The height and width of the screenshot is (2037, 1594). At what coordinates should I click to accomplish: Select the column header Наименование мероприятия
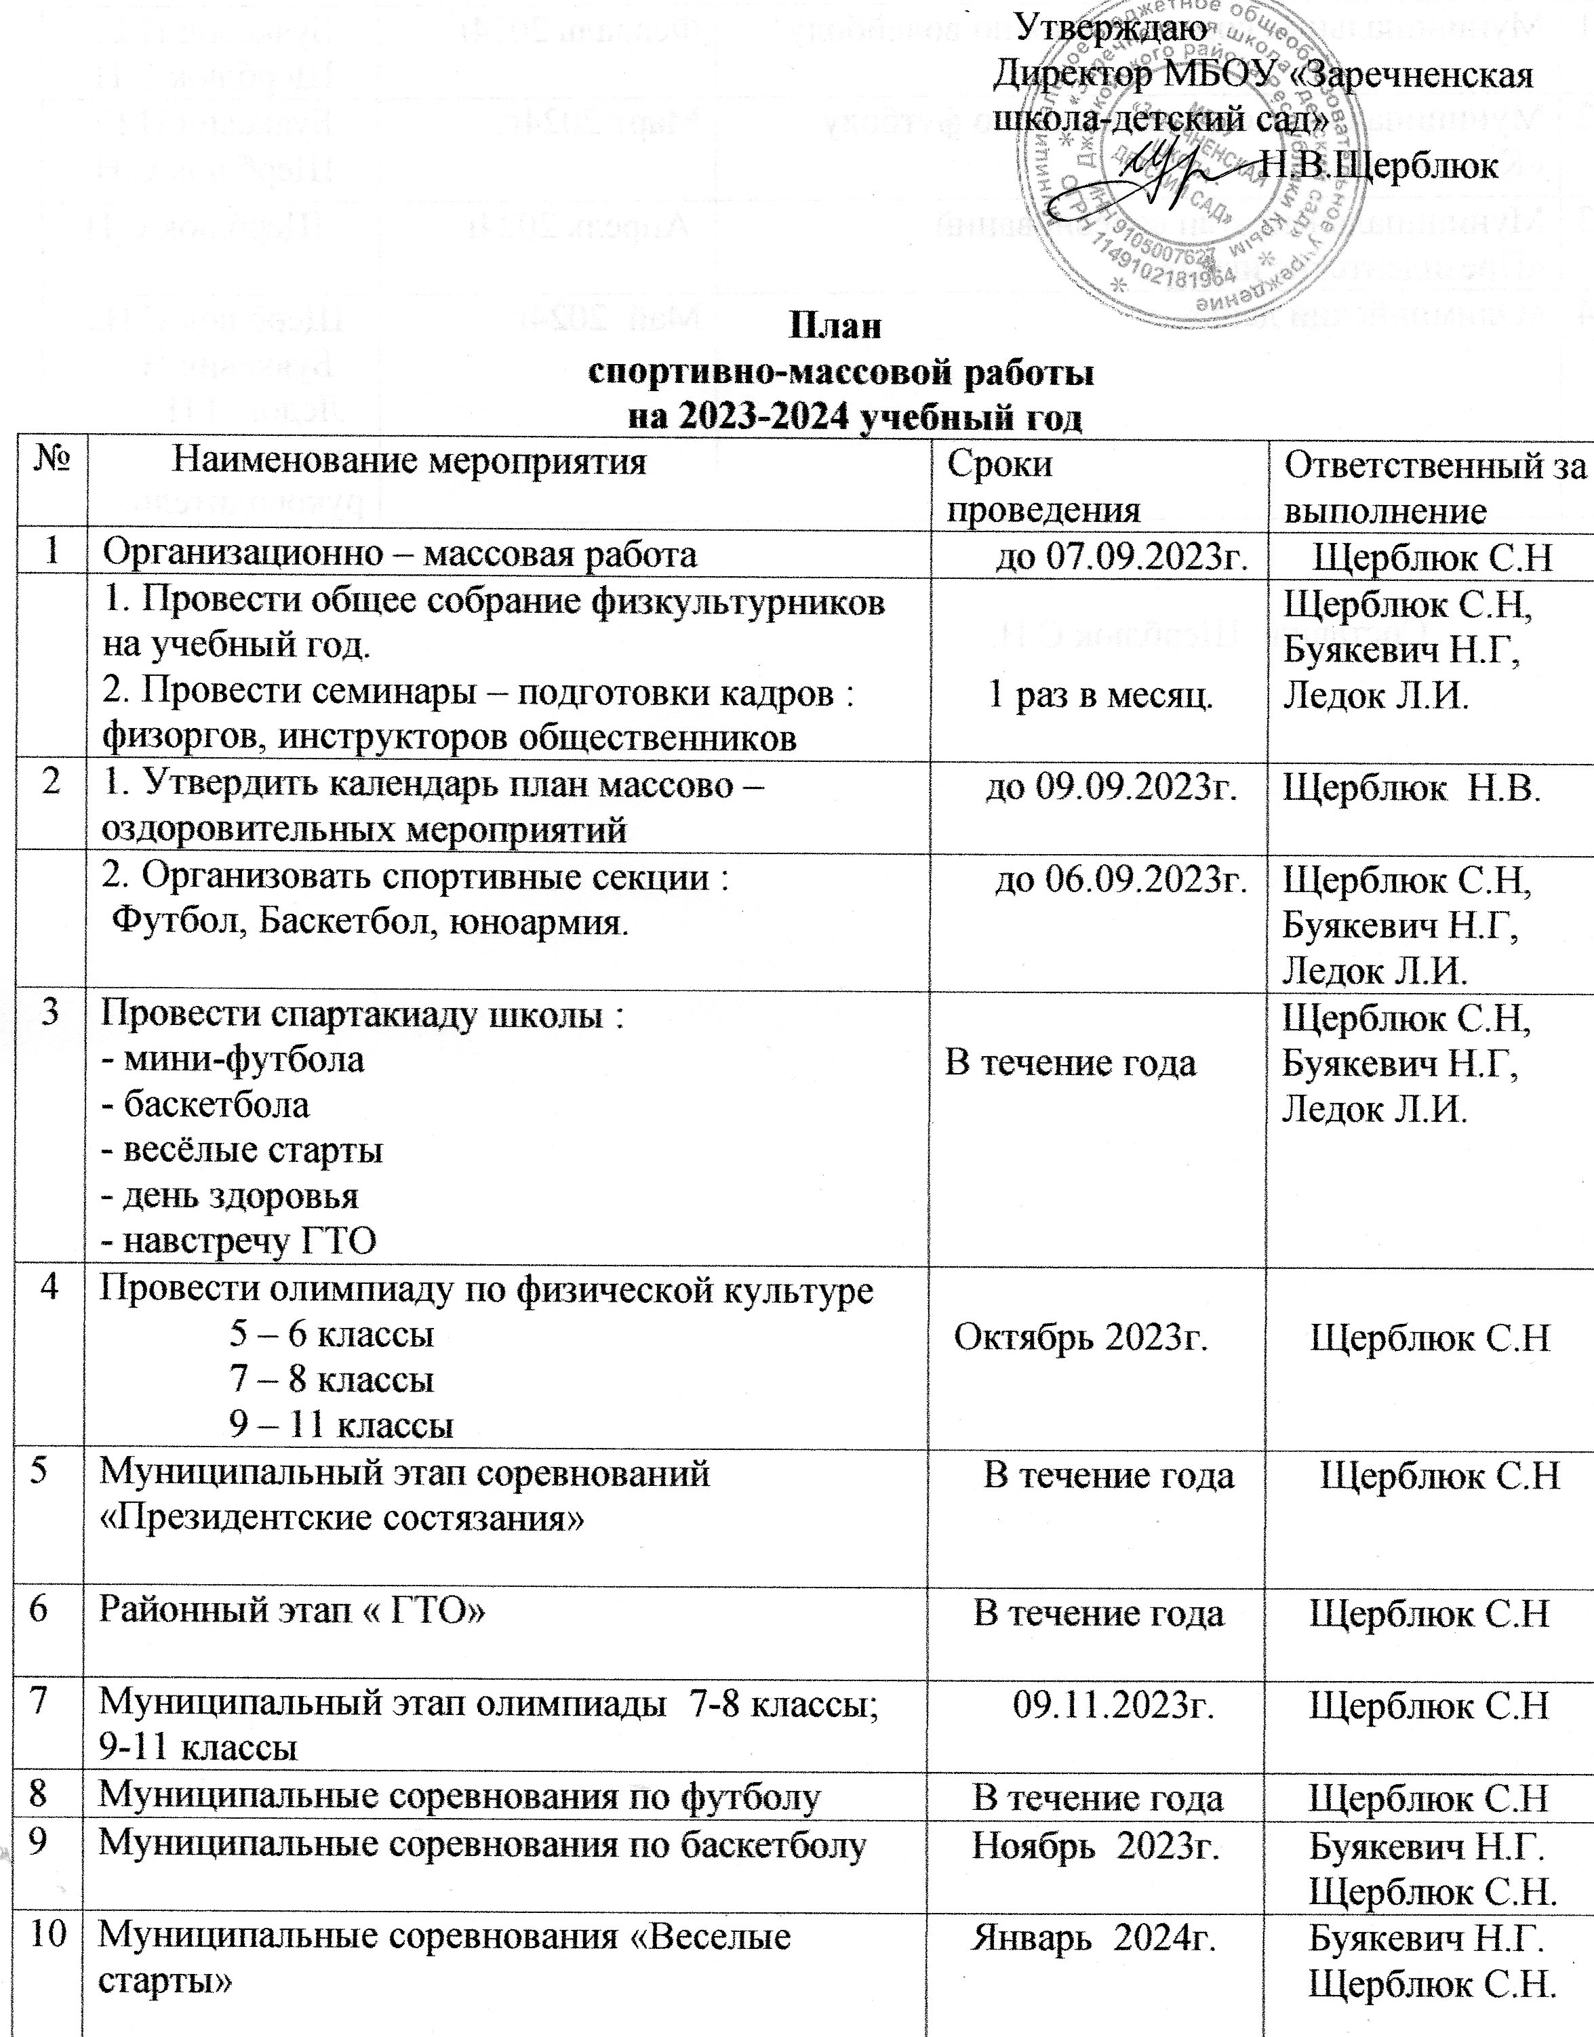coord(411,462)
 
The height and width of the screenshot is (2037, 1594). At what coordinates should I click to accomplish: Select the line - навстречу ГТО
coord(238,1241)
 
